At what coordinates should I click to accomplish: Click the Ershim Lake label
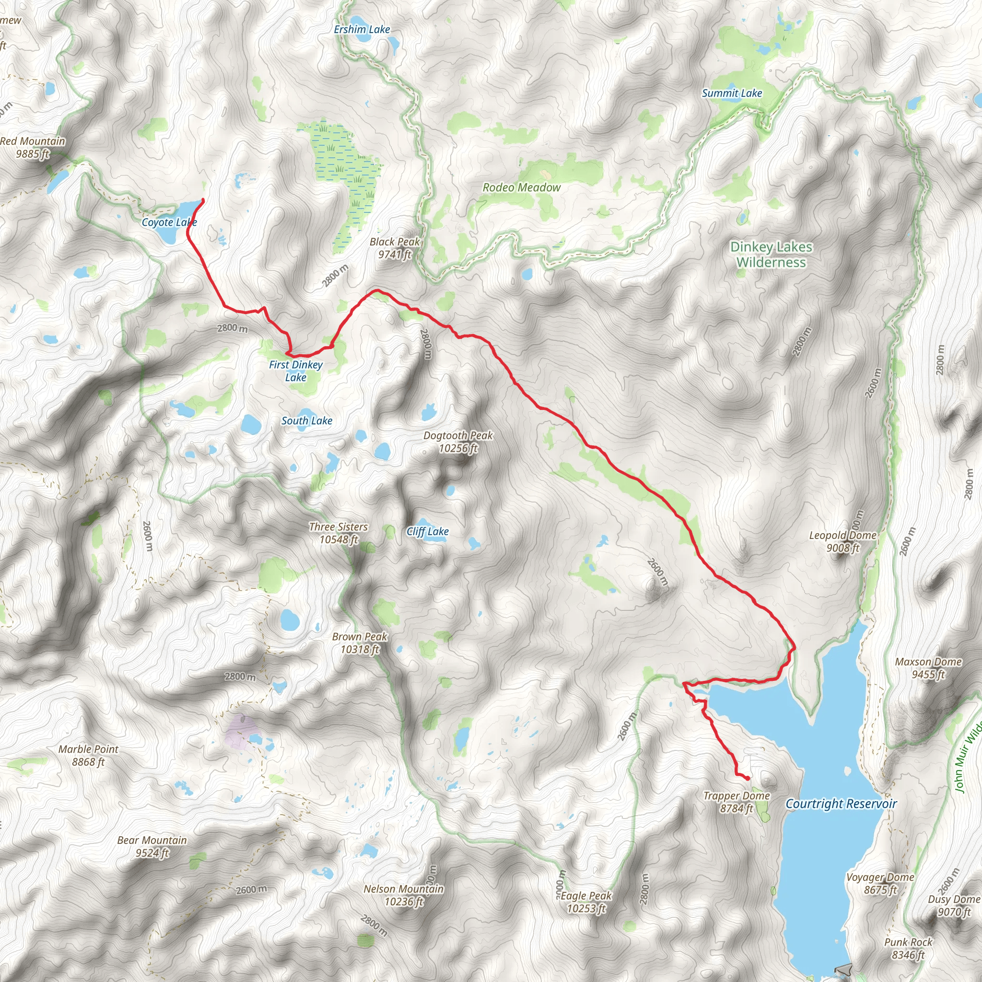click(x=362, y=29)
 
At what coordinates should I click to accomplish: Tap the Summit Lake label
click(x=731, y=93)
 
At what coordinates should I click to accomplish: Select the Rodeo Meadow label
click(x=522, y=187)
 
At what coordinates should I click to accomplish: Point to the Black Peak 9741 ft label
click(x=395, y=248)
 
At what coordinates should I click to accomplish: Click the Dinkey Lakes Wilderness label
click(x=771, y=255)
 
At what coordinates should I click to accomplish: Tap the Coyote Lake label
click(x=169, y=222)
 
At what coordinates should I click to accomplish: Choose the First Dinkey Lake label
click(x=296, y=371)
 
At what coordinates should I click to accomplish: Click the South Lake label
click(x=306, y=421)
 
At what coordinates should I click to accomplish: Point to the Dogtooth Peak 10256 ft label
click(x=458, y=442)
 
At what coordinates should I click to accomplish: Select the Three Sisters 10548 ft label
click(x=339, y=533)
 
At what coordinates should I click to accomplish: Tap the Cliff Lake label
click(x=427, y=532)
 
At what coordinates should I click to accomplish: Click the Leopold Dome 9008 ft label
click(x=843, y=541)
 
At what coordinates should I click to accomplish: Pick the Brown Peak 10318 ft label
click(x=360, y=643)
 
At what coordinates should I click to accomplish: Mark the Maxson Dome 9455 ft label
click(x=928, y=668)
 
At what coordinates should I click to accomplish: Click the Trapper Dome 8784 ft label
click(x=736, y=802)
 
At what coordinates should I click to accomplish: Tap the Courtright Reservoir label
click(x=841, y=804)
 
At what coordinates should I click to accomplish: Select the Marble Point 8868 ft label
click(x=88, y=755)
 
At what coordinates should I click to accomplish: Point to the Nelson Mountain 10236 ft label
click(x=404, y=895)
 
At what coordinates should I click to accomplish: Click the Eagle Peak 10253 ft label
click(x=586, y=902)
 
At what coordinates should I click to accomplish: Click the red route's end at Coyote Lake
click(x=203, y=199)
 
